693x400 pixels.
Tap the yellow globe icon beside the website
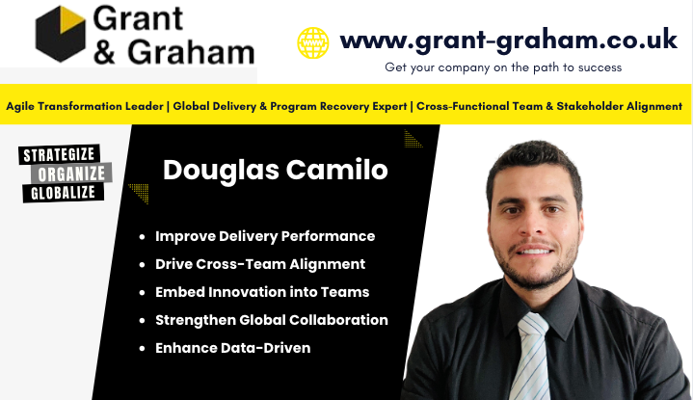[312, 42]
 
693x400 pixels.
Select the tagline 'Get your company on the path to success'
[503, 67]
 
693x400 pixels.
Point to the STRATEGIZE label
[64, 154]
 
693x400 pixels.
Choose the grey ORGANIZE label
[73, 174]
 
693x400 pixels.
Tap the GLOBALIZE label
[64, 194]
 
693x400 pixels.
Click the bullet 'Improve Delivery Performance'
[264, 236]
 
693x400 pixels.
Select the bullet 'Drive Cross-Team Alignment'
[259, 264]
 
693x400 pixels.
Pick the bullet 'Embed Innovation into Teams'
[262, 292]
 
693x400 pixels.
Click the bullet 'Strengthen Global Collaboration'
[271, 320]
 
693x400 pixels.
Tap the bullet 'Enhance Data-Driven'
[232, 348]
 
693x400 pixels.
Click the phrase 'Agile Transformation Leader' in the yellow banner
[84, 106]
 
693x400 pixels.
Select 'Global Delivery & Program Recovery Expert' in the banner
[288, 106]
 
